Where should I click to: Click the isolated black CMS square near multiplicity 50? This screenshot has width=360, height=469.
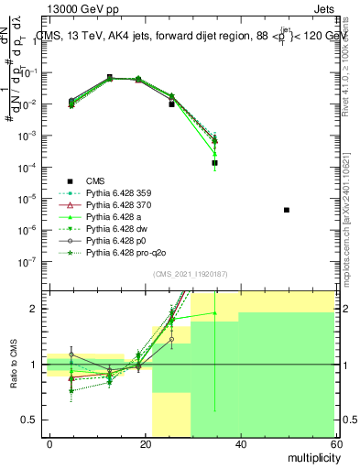point(287,210)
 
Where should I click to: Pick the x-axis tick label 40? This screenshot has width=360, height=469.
point(239,443)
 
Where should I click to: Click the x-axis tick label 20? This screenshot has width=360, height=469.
point(145,443)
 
